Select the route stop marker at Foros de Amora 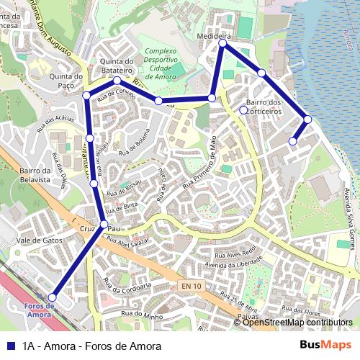pos(52,297)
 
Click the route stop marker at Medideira pos(222,44)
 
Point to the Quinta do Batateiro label pos(119,66)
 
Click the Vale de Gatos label pos(39,240)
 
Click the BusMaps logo pos(326,345)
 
